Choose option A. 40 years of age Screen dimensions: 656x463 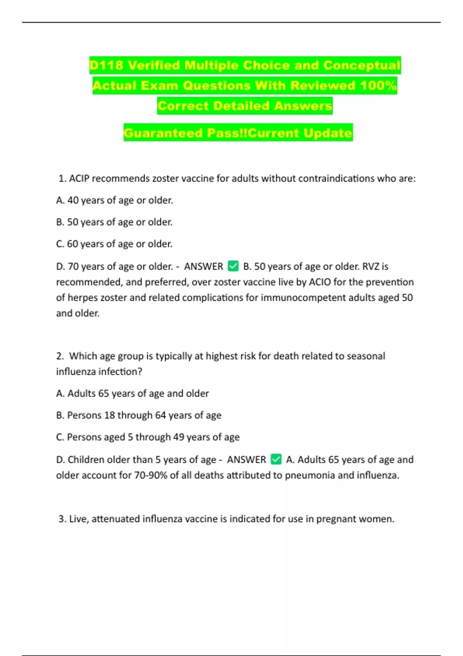pos(115,200)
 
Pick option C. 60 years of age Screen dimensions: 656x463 pos(114,244)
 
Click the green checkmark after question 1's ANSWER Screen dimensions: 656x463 pos(233,266)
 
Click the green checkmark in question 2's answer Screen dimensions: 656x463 pos(276,459)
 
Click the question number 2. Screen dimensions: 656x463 pos(60,356)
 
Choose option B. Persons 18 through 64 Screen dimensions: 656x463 pos(139,415)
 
